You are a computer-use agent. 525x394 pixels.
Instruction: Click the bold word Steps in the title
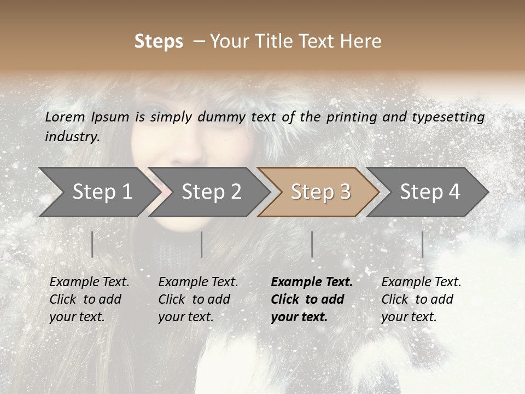pyautogui.click(x=159, y=42)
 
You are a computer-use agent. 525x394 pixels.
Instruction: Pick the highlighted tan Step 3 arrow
pyautogui.click(x=320, y=192)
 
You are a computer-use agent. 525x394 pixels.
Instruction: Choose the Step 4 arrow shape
pyautogui.click(x=430, y=192)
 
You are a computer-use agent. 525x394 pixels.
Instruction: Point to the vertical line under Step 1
pyautogui.click(x=92, y=244)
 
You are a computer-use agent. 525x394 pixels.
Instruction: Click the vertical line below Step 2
pyautogui.click(x=202, y=244)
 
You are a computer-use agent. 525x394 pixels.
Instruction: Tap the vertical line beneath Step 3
pyautogui.click(x=312, y=244)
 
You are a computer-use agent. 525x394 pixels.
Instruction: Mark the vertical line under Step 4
pyautogui.click(x=423, y=244)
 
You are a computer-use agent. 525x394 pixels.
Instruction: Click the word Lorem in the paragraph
pyautogui.click(x=65, y=117)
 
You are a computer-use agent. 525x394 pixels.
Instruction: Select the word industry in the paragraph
pyautogui.click(x=72, y=136)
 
